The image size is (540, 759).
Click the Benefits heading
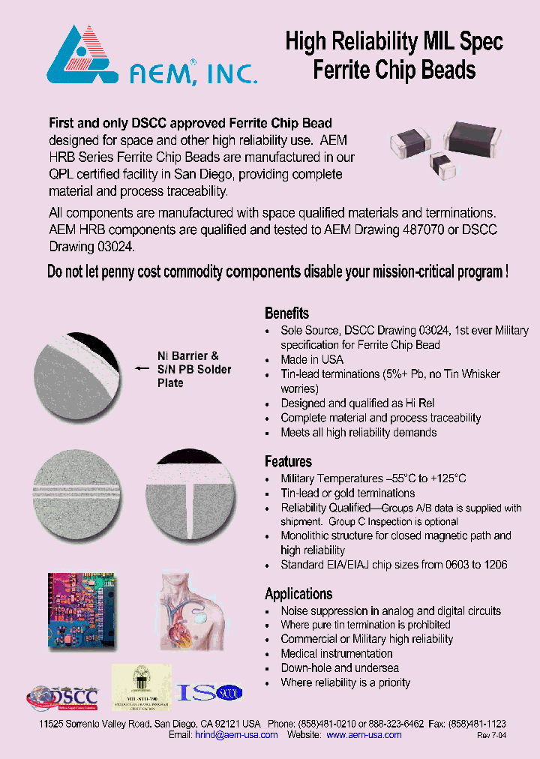tap(286, 313)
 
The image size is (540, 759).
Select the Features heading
tap(288, 462)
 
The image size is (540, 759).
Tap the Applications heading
tap(298, 594)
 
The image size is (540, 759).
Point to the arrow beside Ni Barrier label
tap(141, 369)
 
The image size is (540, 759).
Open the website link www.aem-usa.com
tap(364, 735)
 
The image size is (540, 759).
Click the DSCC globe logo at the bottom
tap(64, 695)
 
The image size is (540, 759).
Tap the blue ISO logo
tap(209, 692)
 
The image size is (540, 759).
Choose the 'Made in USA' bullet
tap(312, 359)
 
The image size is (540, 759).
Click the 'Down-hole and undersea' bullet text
tap(340, 667)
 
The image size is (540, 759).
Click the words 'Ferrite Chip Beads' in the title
tap(394, 70)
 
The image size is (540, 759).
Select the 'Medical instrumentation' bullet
tap(337, 653)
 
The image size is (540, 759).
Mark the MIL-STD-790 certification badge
tap(142, 687)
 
